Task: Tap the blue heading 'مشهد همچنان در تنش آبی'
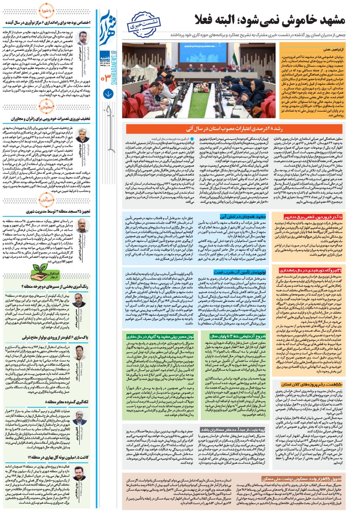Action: point(256,217)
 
